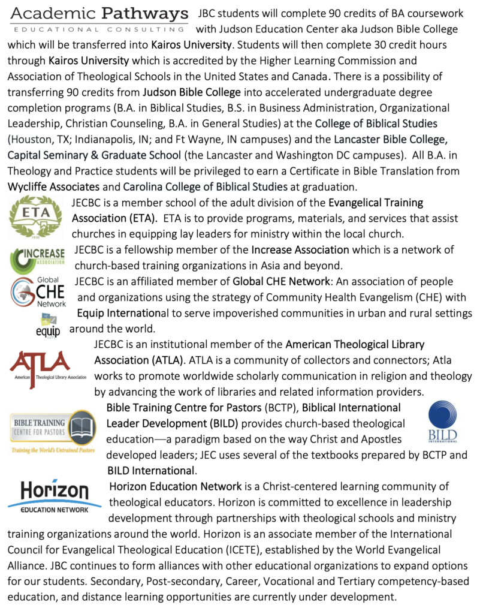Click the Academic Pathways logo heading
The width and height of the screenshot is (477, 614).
99,19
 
